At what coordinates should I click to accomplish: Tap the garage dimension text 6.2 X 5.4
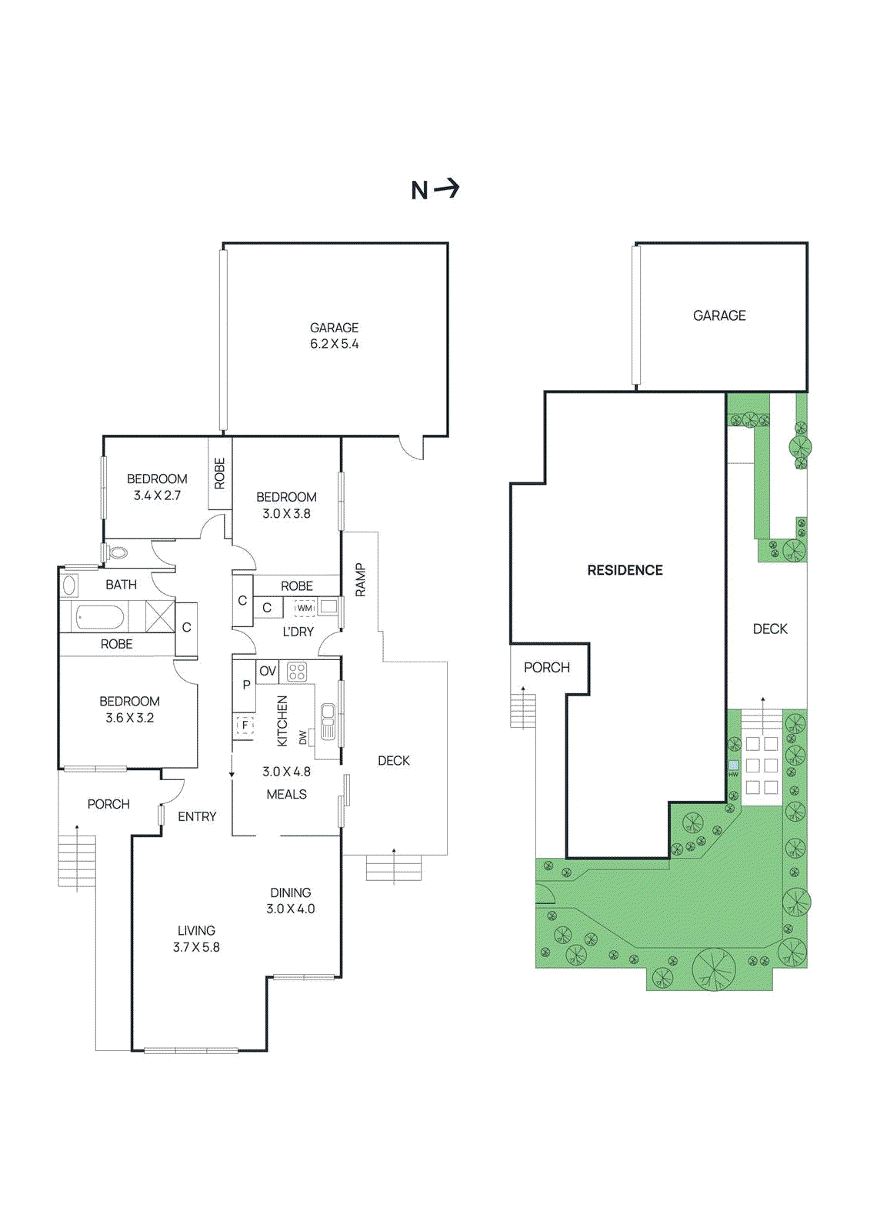tap(334, 344)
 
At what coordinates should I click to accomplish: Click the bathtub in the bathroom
tap(100, 617)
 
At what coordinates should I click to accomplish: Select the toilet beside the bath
tap(115, 552)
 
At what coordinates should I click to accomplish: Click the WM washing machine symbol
tap(305, 608)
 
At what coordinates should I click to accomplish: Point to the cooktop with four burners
tap(297, 672)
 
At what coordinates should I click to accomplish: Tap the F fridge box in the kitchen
tap(245, 725)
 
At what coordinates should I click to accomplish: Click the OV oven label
tap(267, 671)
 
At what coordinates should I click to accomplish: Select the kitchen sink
tap(328, 721)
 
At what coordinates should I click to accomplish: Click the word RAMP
tap(361, 580)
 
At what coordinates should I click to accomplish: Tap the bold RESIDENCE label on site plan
tap(625, 570)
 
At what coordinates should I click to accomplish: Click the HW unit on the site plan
tap(733, 766)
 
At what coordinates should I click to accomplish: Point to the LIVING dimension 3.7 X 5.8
tap(196, 947)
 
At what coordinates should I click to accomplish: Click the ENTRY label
tap(197, 816)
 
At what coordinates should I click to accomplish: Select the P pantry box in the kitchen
tap(246, 685)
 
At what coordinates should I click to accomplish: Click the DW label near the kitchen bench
tap(303, 737)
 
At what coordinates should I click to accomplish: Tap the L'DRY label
tap(298, 632)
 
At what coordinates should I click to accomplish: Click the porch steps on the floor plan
tap(77, 861)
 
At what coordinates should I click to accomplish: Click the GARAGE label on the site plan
tap(719, 315)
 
